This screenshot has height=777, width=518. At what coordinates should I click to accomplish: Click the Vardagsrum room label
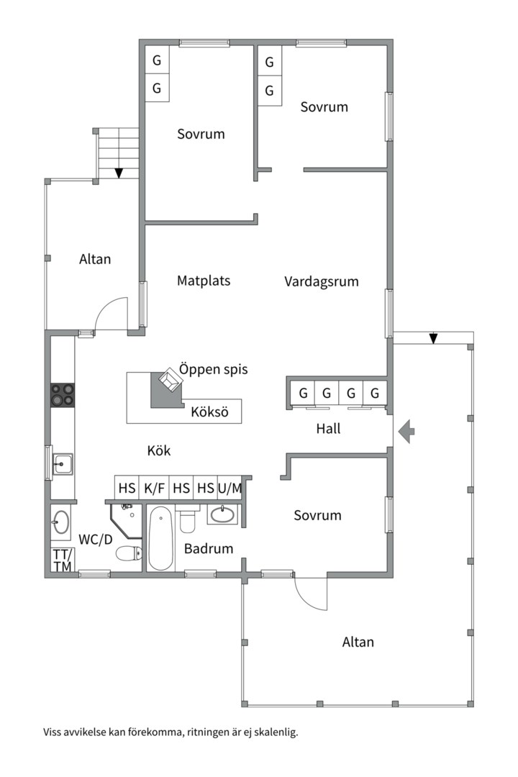[321, 281]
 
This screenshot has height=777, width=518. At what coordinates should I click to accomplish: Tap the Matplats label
[204, 281]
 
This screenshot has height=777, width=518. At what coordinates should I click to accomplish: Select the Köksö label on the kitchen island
[209, 412]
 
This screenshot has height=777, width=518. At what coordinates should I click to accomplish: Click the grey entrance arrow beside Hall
[406, 431]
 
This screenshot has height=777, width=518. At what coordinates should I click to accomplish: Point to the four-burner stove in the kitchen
[63, 396]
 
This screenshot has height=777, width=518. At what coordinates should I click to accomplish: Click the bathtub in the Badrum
[160, 538]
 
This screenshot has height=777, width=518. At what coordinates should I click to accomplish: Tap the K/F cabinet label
[154, 488]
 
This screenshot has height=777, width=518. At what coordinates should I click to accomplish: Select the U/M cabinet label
[230, 488]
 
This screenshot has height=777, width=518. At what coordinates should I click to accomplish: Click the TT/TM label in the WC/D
[63, 560]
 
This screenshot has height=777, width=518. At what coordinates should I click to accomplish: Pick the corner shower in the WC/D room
[128, 520]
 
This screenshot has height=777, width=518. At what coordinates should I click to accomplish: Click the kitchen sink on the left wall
[63, 464]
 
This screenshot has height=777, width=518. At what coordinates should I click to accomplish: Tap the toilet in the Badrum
[187, 519]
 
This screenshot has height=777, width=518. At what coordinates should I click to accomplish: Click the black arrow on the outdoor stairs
[119, 173]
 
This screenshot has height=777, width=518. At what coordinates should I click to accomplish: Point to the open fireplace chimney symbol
[170, 380]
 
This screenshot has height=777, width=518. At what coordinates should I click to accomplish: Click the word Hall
[328, 428]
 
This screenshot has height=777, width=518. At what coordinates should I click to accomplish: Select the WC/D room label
[96, 539]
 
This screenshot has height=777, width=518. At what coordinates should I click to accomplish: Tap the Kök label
[158, 450]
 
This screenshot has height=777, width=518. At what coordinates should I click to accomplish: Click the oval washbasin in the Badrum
[222, 515]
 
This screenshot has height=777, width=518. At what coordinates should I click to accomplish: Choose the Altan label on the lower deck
[358, 642]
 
